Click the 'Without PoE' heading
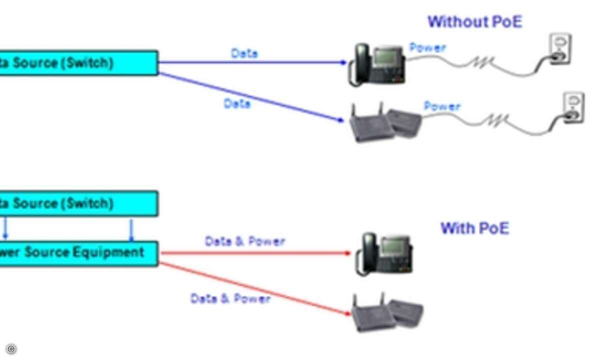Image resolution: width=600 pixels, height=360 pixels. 474,22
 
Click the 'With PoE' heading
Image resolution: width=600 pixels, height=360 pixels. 474,228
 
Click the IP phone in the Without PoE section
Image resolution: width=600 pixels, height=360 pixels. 377,64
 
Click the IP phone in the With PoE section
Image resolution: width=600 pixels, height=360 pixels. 384,254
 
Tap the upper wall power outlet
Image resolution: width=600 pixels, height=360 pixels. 559,49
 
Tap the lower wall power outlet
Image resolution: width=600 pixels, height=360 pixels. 573,108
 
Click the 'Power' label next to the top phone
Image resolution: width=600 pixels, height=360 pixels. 427,48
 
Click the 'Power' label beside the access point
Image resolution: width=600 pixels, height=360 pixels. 442,106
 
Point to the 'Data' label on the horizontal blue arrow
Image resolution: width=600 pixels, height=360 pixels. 244,53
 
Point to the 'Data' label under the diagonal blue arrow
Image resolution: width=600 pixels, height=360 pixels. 237,103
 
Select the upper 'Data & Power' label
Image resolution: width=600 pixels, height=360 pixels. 245,241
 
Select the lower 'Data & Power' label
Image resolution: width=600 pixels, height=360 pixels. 230,299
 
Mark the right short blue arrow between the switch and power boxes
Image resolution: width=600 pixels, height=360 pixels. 131,229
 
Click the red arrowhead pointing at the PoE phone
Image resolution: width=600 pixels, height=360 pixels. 348,253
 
